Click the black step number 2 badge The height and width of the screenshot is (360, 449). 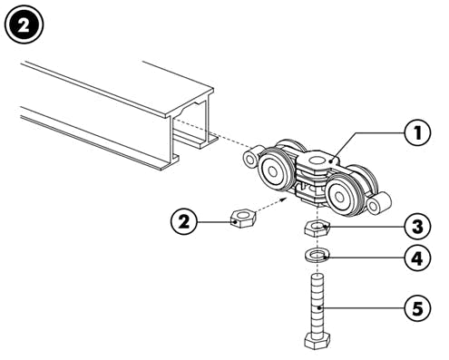pos(24,24)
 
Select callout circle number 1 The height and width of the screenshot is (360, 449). pos(417,132)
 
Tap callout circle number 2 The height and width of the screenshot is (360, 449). pos(184,222)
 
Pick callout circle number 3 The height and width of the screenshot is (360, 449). pos(417,227)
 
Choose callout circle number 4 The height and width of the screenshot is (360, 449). pos(417,258)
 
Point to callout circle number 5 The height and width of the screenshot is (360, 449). pos(417,308)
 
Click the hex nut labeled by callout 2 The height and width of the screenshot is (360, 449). pos(243,218)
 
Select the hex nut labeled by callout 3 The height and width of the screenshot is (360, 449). pos(317,229)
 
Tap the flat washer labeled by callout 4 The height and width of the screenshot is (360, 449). pos(317,255)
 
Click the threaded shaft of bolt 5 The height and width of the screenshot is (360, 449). pos(317,303)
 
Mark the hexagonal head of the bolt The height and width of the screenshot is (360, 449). pos(317,341)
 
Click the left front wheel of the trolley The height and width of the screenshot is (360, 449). pos(275,170)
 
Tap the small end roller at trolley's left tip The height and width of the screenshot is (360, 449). pos(251,156)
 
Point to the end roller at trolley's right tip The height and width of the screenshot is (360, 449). pos(378,203)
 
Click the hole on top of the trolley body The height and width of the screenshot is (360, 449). pos(317,161)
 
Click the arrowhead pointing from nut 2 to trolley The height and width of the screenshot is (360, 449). pos(283,200)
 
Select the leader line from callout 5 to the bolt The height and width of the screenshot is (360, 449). pos(362,308)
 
